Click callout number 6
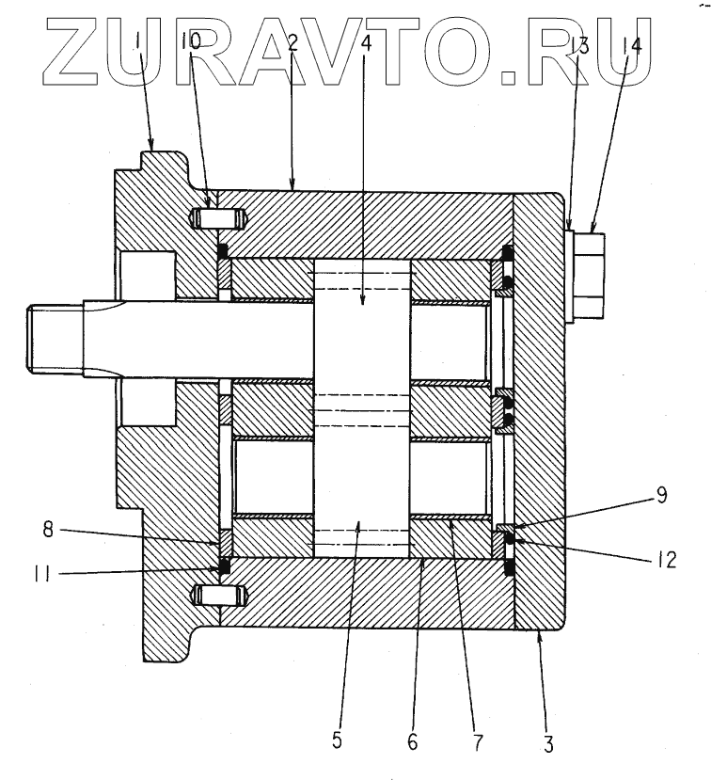coord(411,740)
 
